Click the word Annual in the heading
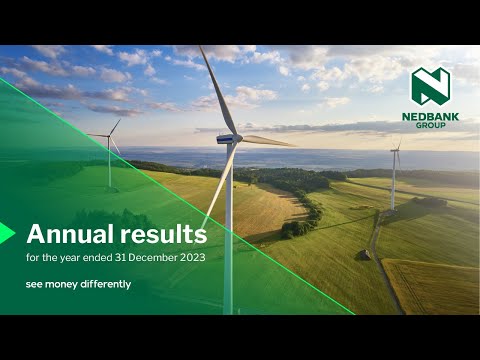pyautogui.click(x=70, y=234)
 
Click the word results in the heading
pyautogui.click(x=164, y=234)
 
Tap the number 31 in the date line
pyautogui.click(x=120, y=258)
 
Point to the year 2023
pyautogui.click(x=192, y=258)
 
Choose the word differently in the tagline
pyautogui.click(x=106, y=284)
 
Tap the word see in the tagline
pyautogui.click(x=34, y=285)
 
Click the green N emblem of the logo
pyautogui.click(x=430, y=85)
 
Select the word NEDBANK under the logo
pyautogui.click(x=430, y=117)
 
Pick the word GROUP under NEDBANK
pyautogui.click(x=430, y=125)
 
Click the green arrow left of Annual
pyautogui.click(x=7, y=233)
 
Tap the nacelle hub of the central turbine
pyautogui.click(x=229, y=139)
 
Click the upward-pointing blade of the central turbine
pyautogui.click(x=219, y=90)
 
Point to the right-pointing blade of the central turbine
pyautogui.click(x=268, y=141)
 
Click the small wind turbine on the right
pyautogui.click(x=394, y=177)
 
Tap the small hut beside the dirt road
pyautogui.click(x=365, y=255)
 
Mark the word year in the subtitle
pyautogui.click(x=70, y=258)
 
